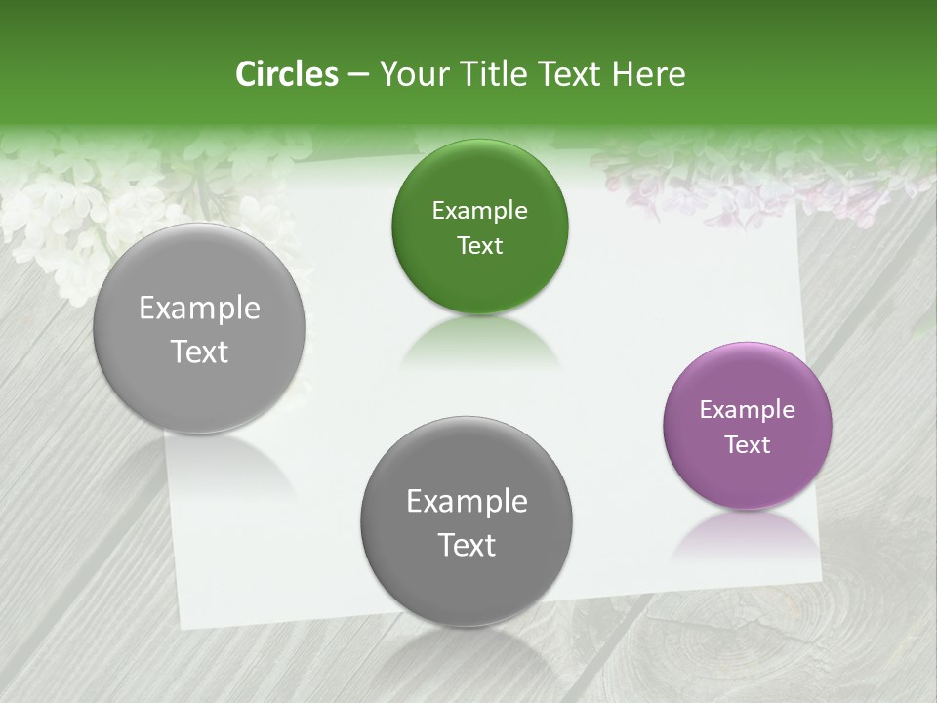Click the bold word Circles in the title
pos(287,74)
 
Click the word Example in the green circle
pos(479,211)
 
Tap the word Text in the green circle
pos(479,246)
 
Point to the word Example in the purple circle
pos(748,410)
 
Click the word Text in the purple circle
pos(748,445)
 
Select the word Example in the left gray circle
pos(199,309)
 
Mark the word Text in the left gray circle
pos(199,351)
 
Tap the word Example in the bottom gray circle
pos(467,502)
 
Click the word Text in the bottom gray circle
pos(467,545)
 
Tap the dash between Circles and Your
pos(358,74)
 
